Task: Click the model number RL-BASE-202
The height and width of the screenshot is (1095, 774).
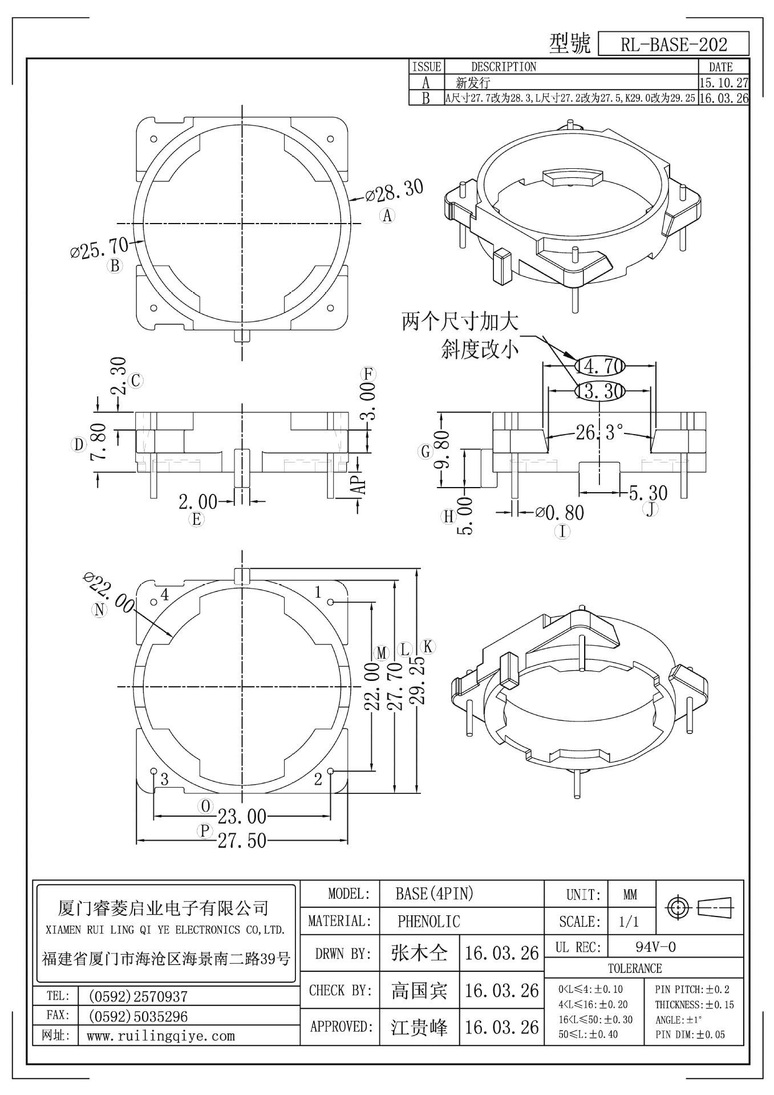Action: coord(673,44)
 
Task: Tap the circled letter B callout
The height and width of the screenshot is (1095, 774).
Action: coord(115,266)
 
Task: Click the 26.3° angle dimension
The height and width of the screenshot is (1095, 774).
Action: coord(599,432)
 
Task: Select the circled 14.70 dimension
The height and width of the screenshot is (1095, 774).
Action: coord(599,366)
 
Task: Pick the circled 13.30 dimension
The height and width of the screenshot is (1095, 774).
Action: coord(599,391)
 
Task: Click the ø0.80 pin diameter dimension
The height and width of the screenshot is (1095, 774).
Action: coord(560,513)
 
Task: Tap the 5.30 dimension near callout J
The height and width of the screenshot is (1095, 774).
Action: coord(648,492)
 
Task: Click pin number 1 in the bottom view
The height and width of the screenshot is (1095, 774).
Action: coord(319,593)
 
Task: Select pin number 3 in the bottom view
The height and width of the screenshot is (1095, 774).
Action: coord(164,779)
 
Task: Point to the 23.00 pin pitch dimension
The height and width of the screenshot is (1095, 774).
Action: coord(242,817)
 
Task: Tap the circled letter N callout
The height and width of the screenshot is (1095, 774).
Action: coord(100,610)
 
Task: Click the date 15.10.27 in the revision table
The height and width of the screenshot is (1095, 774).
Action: coord(723,83)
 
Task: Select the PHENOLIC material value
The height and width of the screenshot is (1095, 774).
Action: coord(428,921)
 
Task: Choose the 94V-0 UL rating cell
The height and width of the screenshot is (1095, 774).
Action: coord(655,947)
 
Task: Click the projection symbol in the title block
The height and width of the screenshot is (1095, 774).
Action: coord(699,907)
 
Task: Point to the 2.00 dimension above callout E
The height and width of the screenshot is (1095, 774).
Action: coord(197,502)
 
